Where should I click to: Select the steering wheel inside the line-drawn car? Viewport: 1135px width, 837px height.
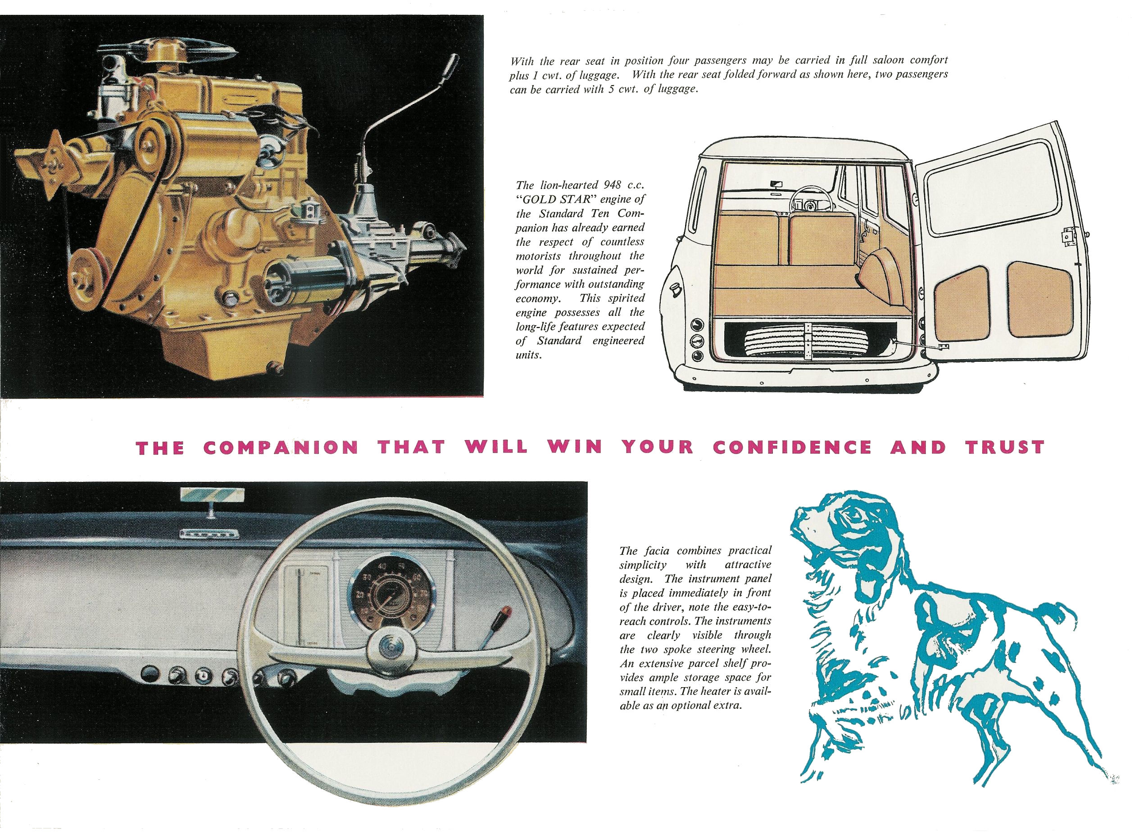tap(810, 200)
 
